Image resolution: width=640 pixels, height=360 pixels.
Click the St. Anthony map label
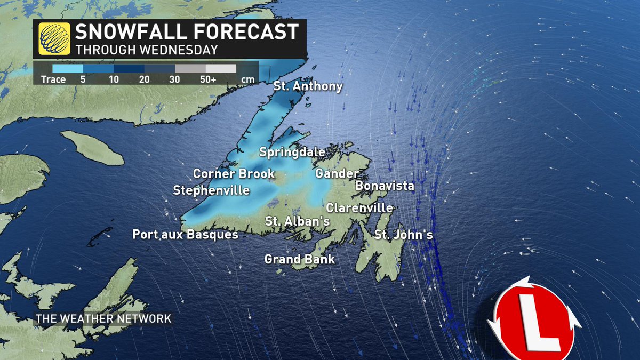pos(308,86)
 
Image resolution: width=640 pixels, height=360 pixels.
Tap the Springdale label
pos(292,153)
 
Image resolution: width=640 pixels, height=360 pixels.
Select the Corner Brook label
pos(234,174)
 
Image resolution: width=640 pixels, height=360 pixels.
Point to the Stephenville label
pos(211,190)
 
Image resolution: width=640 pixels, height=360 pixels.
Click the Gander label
pos(337,174)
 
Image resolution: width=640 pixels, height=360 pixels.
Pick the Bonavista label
pos(385,186)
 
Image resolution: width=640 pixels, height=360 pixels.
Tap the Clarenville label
pos(359,208)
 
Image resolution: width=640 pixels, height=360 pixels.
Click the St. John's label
pos(403,234)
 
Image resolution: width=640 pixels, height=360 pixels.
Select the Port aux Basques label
pos(185,234)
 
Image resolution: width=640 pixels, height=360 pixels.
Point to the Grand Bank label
pos(300,260)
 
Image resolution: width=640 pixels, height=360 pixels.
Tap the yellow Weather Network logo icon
pos(53,39)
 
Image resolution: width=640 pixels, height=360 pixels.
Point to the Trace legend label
pos(53,79)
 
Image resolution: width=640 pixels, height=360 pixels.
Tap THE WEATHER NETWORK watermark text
pos(103,319)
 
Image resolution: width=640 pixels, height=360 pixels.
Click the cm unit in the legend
pos(247,79)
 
